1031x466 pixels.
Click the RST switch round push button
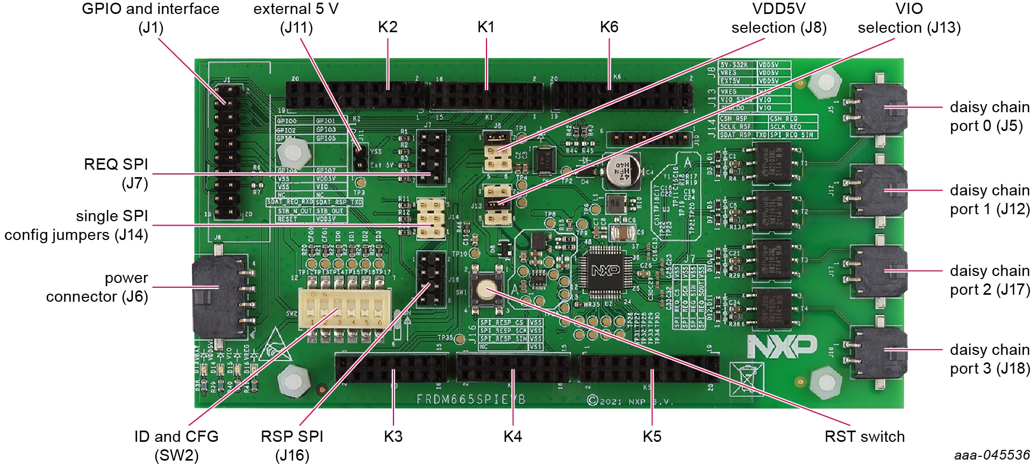tap(484, 290)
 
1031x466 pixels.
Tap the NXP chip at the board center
tap(605, 271)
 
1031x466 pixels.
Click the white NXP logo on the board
tap(782, 346)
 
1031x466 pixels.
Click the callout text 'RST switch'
tap(864, 436)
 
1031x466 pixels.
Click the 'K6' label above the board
tap(609, 27)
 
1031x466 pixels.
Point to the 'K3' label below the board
tap(393, 436)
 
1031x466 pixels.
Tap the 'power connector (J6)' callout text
tap(97, 287)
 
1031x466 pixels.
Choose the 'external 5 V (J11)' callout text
tap(296, 18)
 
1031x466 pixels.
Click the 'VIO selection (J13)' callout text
tap(909, 18)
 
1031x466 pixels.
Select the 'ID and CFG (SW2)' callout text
tap(176, 446)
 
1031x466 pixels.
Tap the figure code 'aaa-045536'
tap(992, 455)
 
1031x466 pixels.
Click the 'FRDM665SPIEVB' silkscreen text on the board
tap(471, 399)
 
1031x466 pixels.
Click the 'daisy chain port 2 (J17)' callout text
tap(989, 280)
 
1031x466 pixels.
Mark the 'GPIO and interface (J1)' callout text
tap(151, 18)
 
